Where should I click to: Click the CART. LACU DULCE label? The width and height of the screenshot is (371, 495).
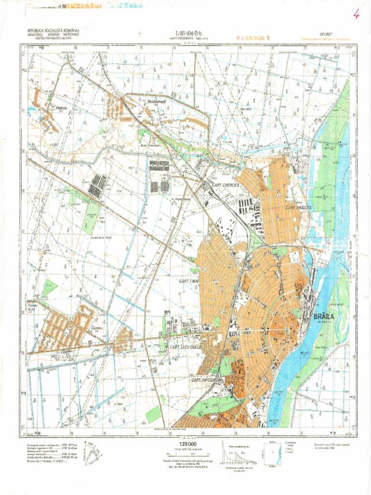click(x=185, y=347)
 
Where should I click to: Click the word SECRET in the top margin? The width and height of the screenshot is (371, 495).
click(x=326, y=34)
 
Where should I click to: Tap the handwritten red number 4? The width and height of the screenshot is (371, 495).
click(x=356, y=14)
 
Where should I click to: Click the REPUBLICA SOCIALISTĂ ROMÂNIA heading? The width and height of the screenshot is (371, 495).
click(x=53, y=31)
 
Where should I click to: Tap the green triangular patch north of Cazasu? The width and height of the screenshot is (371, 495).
click(x=49, y=288)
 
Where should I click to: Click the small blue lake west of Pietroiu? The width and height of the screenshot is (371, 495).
click(x=32, y=112)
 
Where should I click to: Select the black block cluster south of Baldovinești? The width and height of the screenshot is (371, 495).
click(x=159, y=176)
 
